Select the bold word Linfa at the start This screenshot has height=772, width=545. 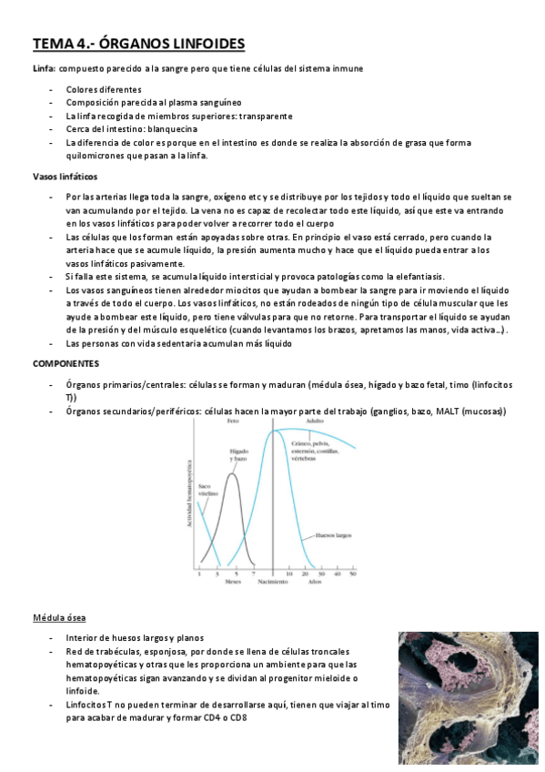click(x=43, y=68)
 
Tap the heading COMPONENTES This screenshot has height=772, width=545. click(x=65, y=363)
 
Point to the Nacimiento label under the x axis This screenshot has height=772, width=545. click(x=273, y=581)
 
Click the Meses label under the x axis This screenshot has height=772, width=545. click(x=234, y=581)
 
